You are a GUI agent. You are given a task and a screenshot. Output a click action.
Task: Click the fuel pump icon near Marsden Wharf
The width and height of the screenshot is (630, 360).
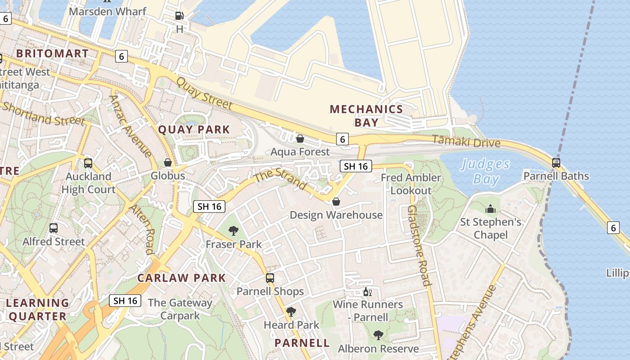(179, 16)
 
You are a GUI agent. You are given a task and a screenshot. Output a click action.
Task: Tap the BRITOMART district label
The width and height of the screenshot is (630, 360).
(53, 54)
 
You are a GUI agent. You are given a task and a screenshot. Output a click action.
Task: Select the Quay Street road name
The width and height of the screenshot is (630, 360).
(204, 94)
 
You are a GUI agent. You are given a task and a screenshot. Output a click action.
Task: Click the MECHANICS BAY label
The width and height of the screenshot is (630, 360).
(366, 116)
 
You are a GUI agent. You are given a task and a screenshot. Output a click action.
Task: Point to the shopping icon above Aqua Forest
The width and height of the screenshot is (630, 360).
(300, 138)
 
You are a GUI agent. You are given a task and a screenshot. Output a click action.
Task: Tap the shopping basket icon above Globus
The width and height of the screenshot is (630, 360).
(168, 162)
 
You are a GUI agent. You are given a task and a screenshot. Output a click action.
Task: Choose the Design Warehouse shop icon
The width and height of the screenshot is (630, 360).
(336, 202)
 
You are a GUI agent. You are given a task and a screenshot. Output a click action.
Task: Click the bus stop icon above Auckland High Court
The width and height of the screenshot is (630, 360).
(88, 163)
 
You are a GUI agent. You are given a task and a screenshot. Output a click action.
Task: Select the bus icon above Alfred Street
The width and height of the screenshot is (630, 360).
(54, 228)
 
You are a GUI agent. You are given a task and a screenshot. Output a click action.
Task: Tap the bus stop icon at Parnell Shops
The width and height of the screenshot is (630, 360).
(270, 278)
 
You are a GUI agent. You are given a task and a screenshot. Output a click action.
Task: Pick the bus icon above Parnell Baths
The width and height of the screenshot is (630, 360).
(556, 162)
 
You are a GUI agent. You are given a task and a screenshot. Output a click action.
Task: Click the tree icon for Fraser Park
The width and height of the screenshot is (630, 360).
(233, 231)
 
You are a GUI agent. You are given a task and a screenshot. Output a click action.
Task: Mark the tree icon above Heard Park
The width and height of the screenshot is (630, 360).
(291, 311)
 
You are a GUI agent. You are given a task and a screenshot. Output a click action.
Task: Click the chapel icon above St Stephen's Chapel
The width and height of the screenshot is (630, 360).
(490, 209)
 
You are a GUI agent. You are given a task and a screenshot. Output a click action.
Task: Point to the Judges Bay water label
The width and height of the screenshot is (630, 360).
(486, 171)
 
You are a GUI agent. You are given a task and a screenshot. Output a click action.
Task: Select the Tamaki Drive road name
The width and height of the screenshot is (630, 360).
(466, 142)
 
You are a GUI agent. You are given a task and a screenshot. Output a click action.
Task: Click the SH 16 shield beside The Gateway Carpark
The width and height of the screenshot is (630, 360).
(125, 301)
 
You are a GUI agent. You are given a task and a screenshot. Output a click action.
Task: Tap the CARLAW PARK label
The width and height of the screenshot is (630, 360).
(181, 278)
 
